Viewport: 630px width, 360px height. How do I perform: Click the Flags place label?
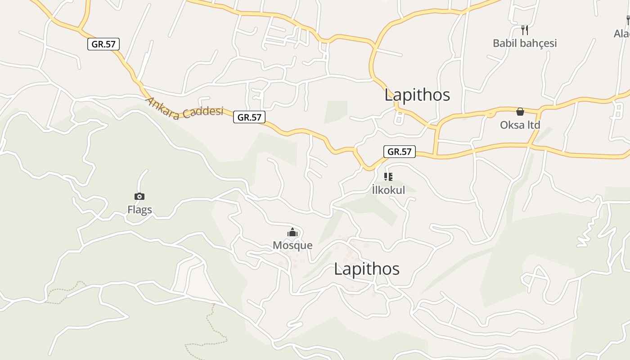(x=139, y=210)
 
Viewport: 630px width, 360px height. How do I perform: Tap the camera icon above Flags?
(x=139, y=196)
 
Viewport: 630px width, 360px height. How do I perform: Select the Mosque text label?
(x=292, y=245)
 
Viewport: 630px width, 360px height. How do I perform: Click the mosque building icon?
(x=292, y=233)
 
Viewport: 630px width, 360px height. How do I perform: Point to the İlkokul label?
(x=388, y=190)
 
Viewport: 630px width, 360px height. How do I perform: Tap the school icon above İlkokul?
(x=388, y=177)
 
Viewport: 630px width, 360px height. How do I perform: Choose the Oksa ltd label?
(x=520, y=125)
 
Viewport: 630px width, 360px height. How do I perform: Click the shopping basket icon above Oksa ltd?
(x=520, y=112)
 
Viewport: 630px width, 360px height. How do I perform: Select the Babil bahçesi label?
(x=525, y=43)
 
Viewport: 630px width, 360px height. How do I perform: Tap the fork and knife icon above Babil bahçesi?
(x=524, y=30)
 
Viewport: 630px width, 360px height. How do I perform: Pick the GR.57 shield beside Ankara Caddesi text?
(x=249, y=117)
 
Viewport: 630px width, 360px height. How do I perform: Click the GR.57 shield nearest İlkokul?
(x=400, y=152)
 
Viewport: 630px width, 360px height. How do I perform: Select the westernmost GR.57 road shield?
(x=103, y=44)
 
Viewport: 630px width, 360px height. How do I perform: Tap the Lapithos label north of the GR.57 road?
(x=417, y=95)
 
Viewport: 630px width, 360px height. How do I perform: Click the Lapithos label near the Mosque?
(x=367, y=269)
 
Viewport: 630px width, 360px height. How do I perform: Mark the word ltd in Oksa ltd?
(x=533, y=125)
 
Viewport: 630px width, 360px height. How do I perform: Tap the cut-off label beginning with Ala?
(x=622, y=33)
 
